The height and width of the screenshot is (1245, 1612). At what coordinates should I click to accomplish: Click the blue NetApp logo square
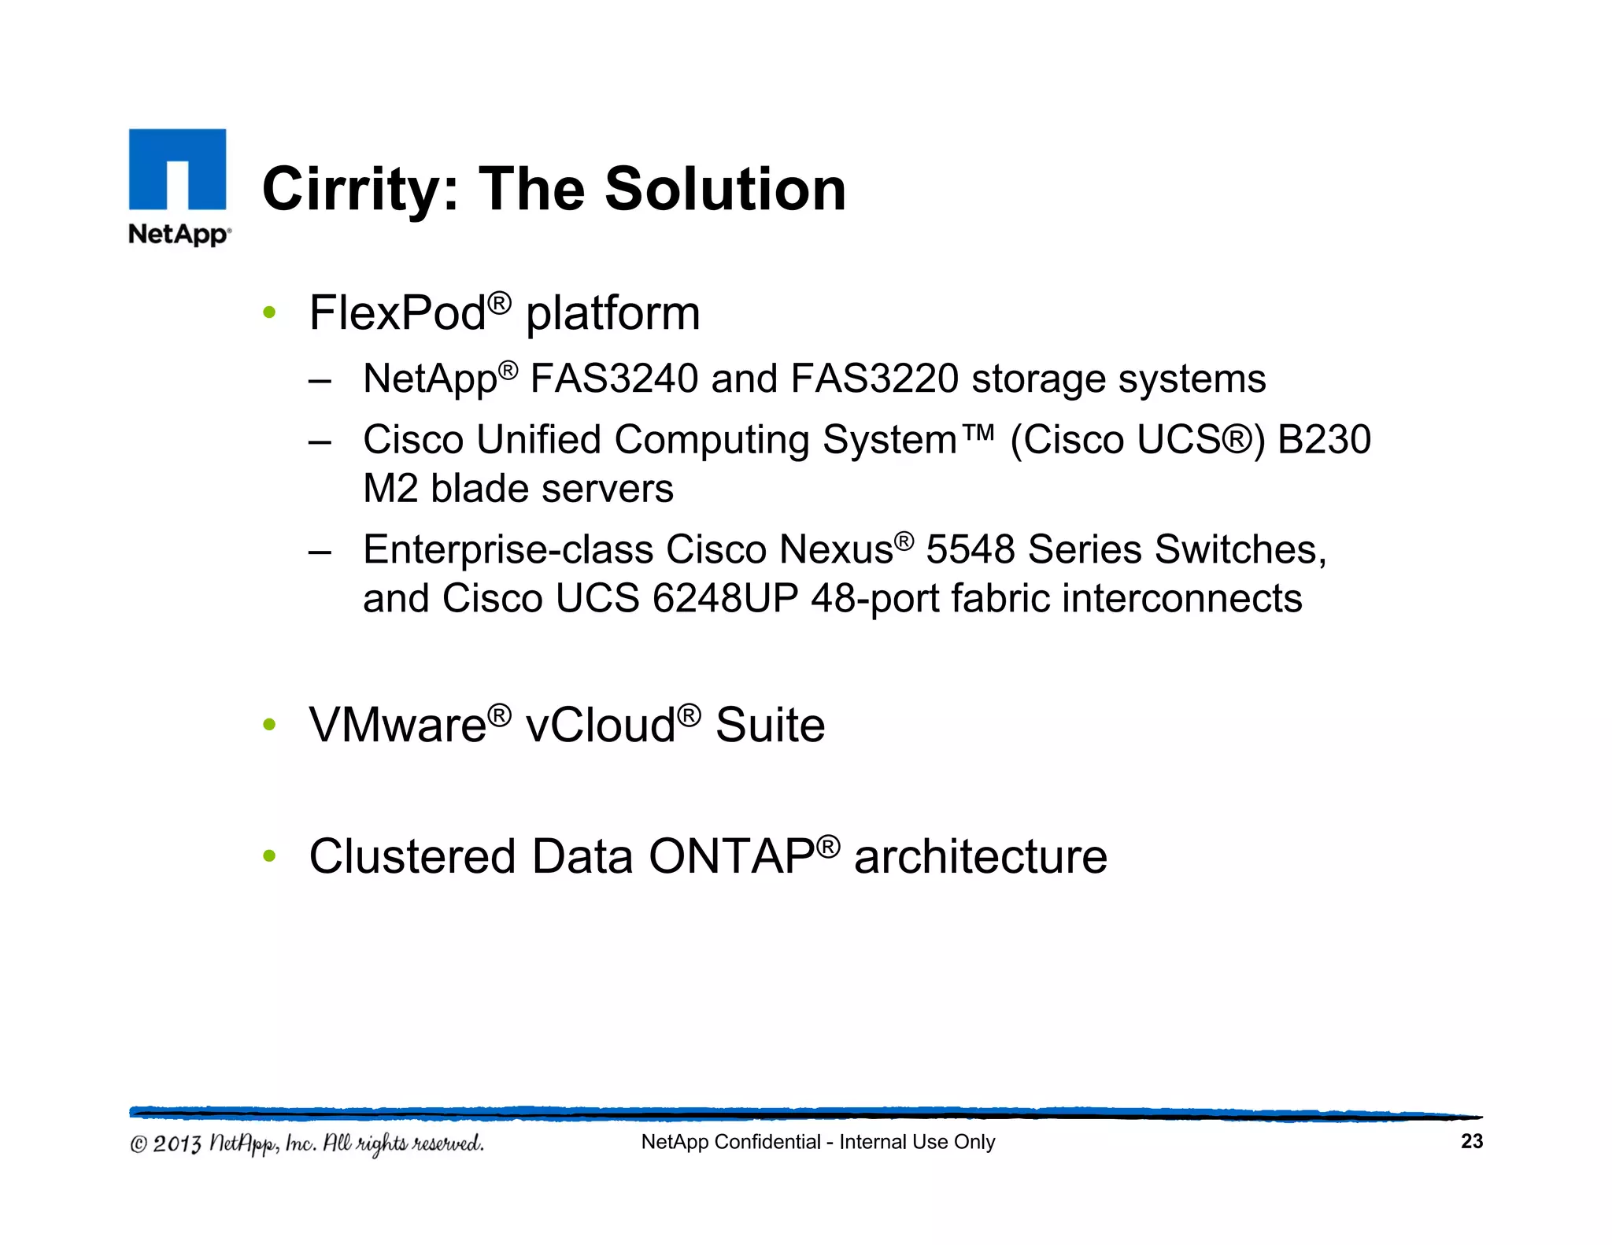177,169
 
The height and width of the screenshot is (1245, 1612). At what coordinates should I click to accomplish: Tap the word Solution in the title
725,190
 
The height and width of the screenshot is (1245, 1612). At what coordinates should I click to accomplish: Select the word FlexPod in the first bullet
397,313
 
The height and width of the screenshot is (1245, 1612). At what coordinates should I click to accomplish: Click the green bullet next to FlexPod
269,313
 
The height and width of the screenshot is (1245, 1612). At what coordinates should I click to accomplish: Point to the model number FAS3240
614,379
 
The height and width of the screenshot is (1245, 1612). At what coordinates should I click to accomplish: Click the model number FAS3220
874,379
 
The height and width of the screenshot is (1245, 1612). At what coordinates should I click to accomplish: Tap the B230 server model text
1324,440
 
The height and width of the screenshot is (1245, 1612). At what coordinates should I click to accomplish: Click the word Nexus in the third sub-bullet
835,549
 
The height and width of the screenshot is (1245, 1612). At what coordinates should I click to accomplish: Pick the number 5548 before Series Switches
970,549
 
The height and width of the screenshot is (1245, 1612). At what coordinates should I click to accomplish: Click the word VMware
397,725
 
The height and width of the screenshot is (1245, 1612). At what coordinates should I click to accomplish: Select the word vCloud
601,725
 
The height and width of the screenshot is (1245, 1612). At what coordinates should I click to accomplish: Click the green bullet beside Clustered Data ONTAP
269,855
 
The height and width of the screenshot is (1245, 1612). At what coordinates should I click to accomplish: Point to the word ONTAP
731,856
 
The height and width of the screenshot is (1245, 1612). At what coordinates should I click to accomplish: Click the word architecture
980,856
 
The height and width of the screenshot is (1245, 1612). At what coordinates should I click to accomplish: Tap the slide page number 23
1471,1141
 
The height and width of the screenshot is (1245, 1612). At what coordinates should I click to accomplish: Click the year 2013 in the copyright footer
176,1143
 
